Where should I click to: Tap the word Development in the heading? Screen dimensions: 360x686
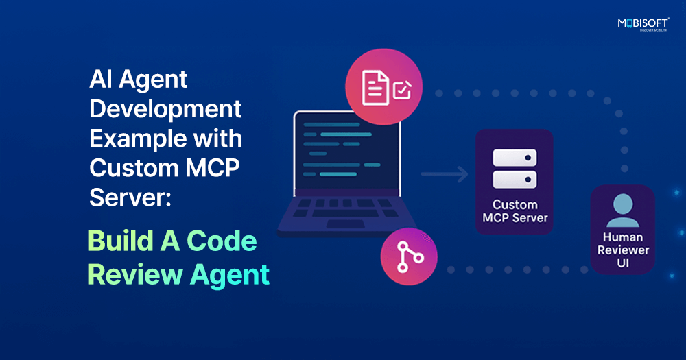[x=165, y=109]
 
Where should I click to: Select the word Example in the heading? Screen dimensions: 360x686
[x=131, y=139]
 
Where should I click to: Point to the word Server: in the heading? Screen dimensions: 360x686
[x=130, y=197]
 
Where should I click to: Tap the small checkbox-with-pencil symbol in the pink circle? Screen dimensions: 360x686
[x=401, y=89]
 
